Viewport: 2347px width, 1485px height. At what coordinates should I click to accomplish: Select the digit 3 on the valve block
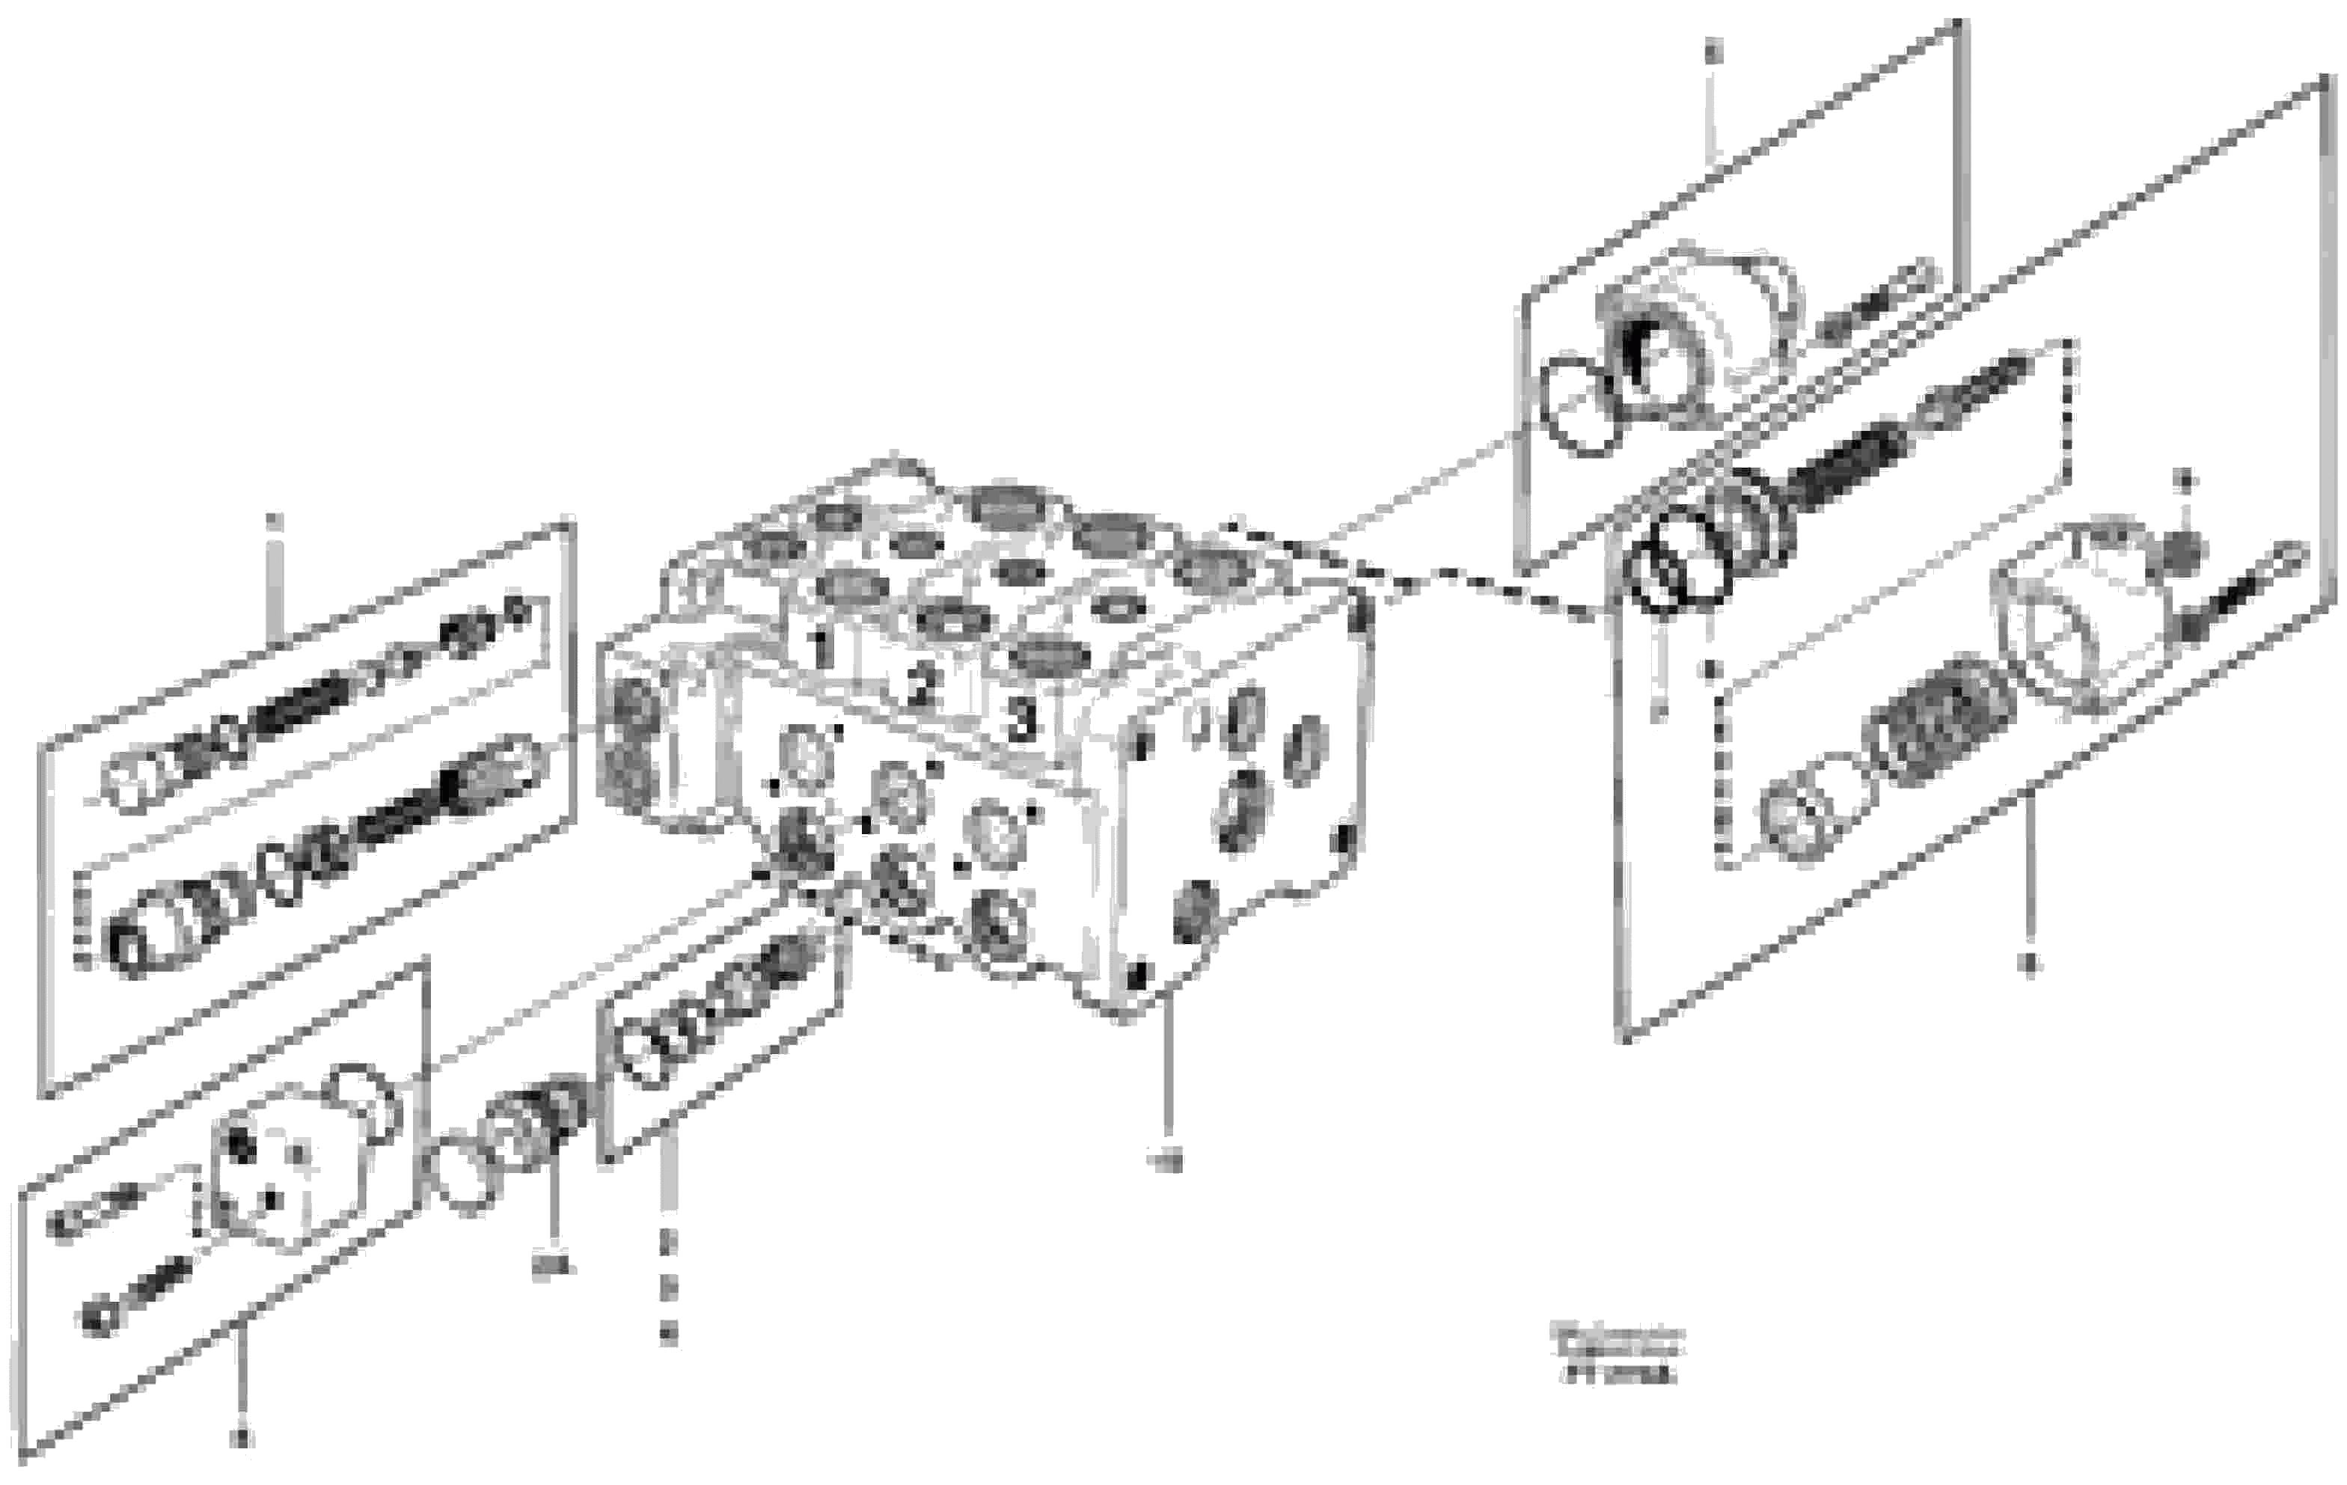[1020, 721]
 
